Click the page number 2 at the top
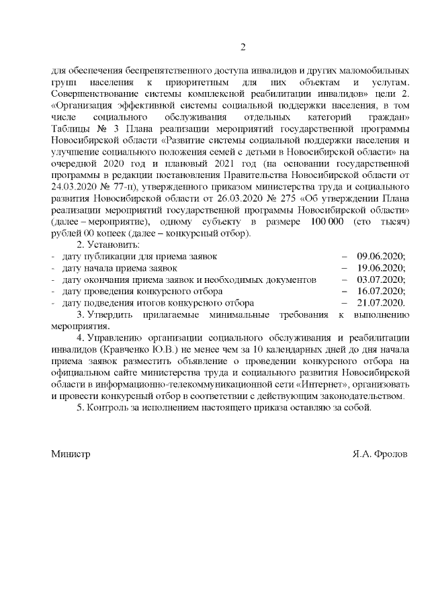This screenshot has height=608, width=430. (243, 46)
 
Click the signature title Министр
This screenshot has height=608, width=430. (71, 453)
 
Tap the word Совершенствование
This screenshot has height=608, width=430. (95, 93)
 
